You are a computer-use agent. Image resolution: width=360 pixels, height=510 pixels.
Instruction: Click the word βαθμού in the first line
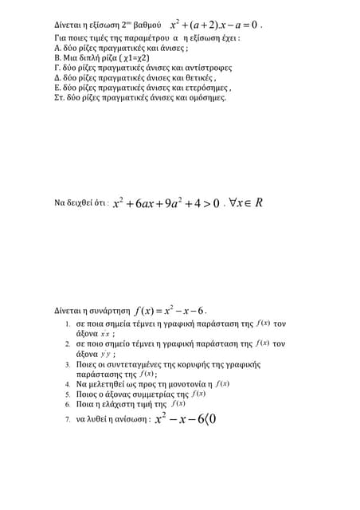[x=146, y=25]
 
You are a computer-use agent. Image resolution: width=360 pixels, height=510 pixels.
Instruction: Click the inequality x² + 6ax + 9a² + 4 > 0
[x=166, y=204]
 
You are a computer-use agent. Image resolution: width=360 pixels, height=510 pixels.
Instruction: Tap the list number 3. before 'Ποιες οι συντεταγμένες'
[x=68, y=363]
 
